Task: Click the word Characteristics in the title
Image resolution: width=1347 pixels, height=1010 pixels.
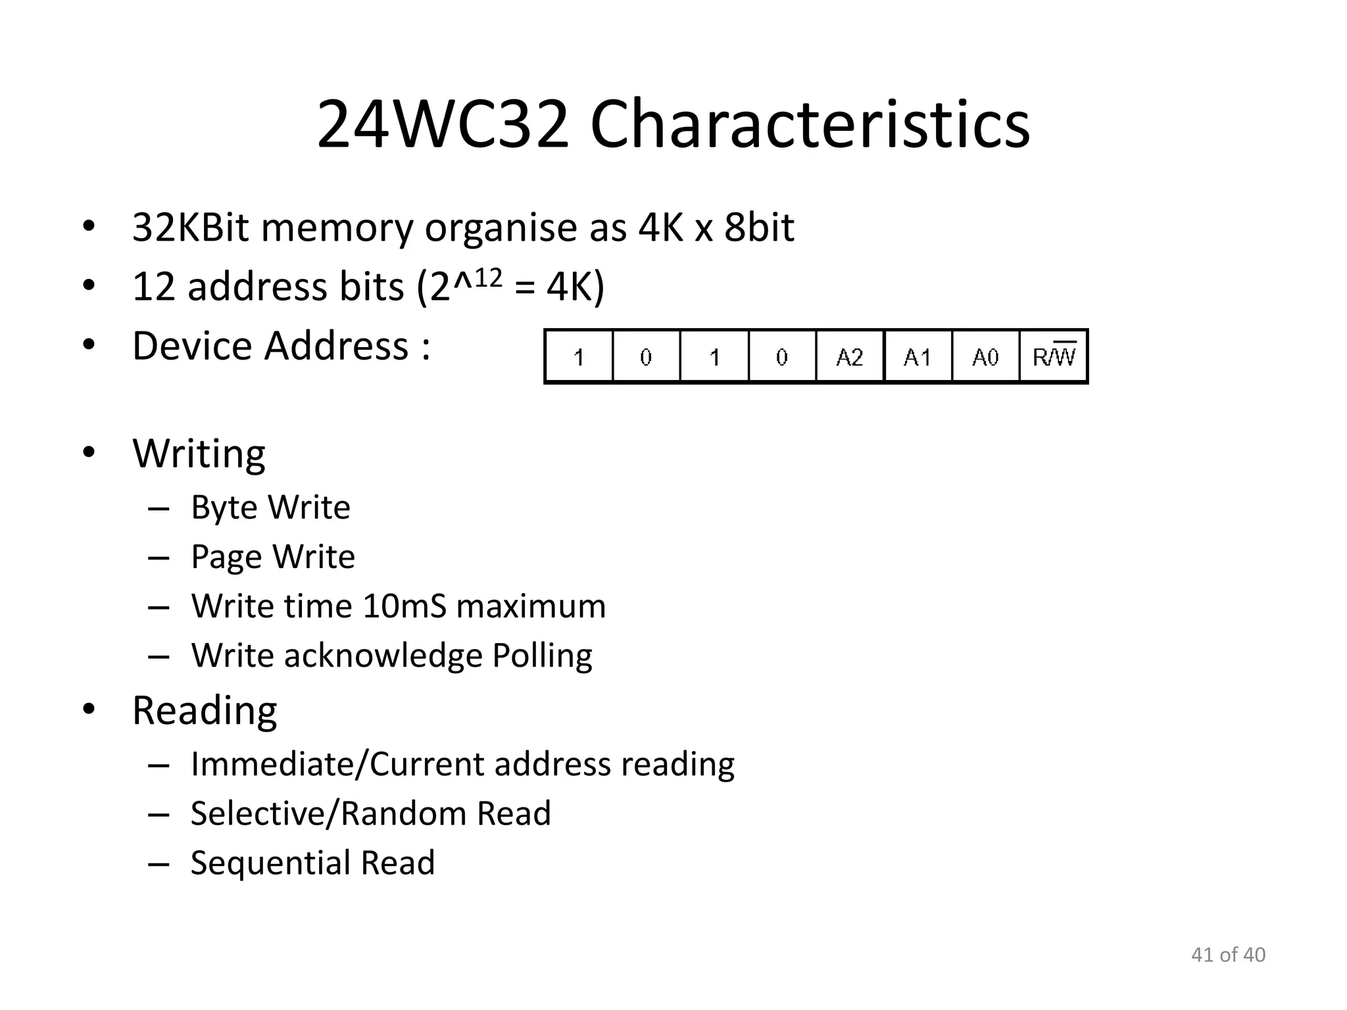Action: pyautogui.click(x=810, y=124)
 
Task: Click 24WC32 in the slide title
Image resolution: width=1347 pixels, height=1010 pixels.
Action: pyautogui.click(x=443, y=124)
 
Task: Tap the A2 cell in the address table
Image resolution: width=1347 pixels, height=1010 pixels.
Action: pyautogui.click(x=849, y=357)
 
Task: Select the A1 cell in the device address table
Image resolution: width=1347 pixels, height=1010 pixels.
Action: pyautogui.click(x=918, y=357)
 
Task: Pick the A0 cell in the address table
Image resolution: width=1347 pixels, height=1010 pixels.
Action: pyautogui.click(x=985, y=357)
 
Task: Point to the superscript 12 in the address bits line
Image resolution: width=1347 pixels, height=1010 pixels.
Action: pyautogui.click(x=488, y=278)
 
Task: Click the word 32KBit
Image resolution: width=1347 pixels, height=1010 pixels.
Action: pyautogui.click(x=190, y=228)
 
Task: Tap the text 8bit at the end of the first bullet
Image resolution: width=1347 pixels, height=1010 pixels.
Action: pyautogui.click(x=759, y=228)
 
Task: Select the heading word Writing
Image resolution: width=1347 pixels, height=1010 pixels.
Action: pyautogui.click(x=199, y=454)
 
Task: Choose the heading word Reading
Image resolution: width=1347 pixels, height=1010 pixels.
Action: pyautogui.click(x=205, y=711)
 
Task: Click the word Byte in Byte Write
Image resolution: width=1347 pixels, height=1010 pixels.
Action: pyautogui.click(x=224, y=508)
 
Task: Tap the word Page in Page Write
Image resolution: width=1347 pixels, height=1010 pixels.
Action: pyautogui.click(x=226, y=558)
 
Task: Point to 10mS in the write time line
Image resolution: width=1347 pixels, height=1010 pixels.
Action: pyautogui.click(x=404, y=606)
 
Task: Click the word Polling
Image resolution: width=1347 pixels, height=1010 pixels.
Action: pyautogui.click(x=542, y=656)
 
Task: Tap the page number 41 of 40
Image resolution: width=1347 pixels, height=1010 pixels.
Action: pyautogui.click(x=1228, y=955)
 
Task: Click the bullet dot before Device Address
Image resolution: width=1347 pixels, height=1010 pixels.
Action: pyautogui.click(x=89, y=345)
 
